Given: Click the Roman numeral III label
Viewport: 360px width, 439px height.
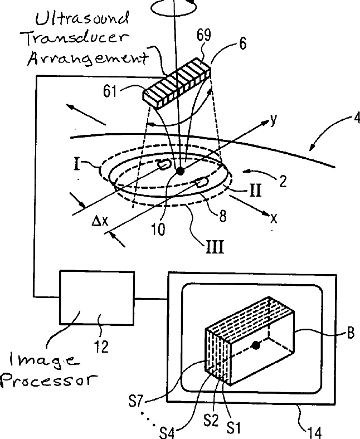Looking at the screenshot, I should point(215,246).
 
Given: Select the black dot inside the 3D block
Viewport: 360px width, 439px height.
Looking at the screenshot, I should point(256,346).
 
